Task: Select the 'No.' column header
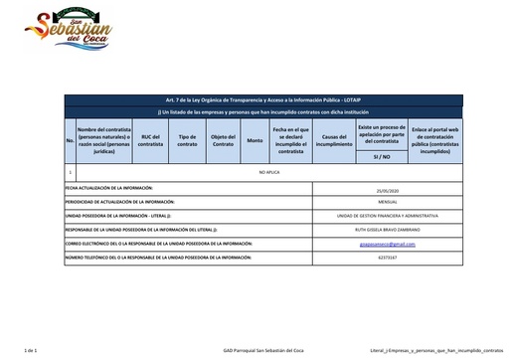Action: tap(70, 142)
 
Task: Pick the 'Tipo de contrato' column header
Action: tap(187, 142)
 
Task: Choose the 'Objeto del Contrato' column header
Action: tap(222, 142)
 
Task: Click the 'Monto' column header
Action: tap(254, 142)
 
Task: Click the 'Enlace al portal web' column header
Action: tap(434, 142)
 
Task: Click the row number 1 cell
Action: tap(70, 173)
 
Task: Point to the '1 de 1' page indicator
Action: tap(30, 351)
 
